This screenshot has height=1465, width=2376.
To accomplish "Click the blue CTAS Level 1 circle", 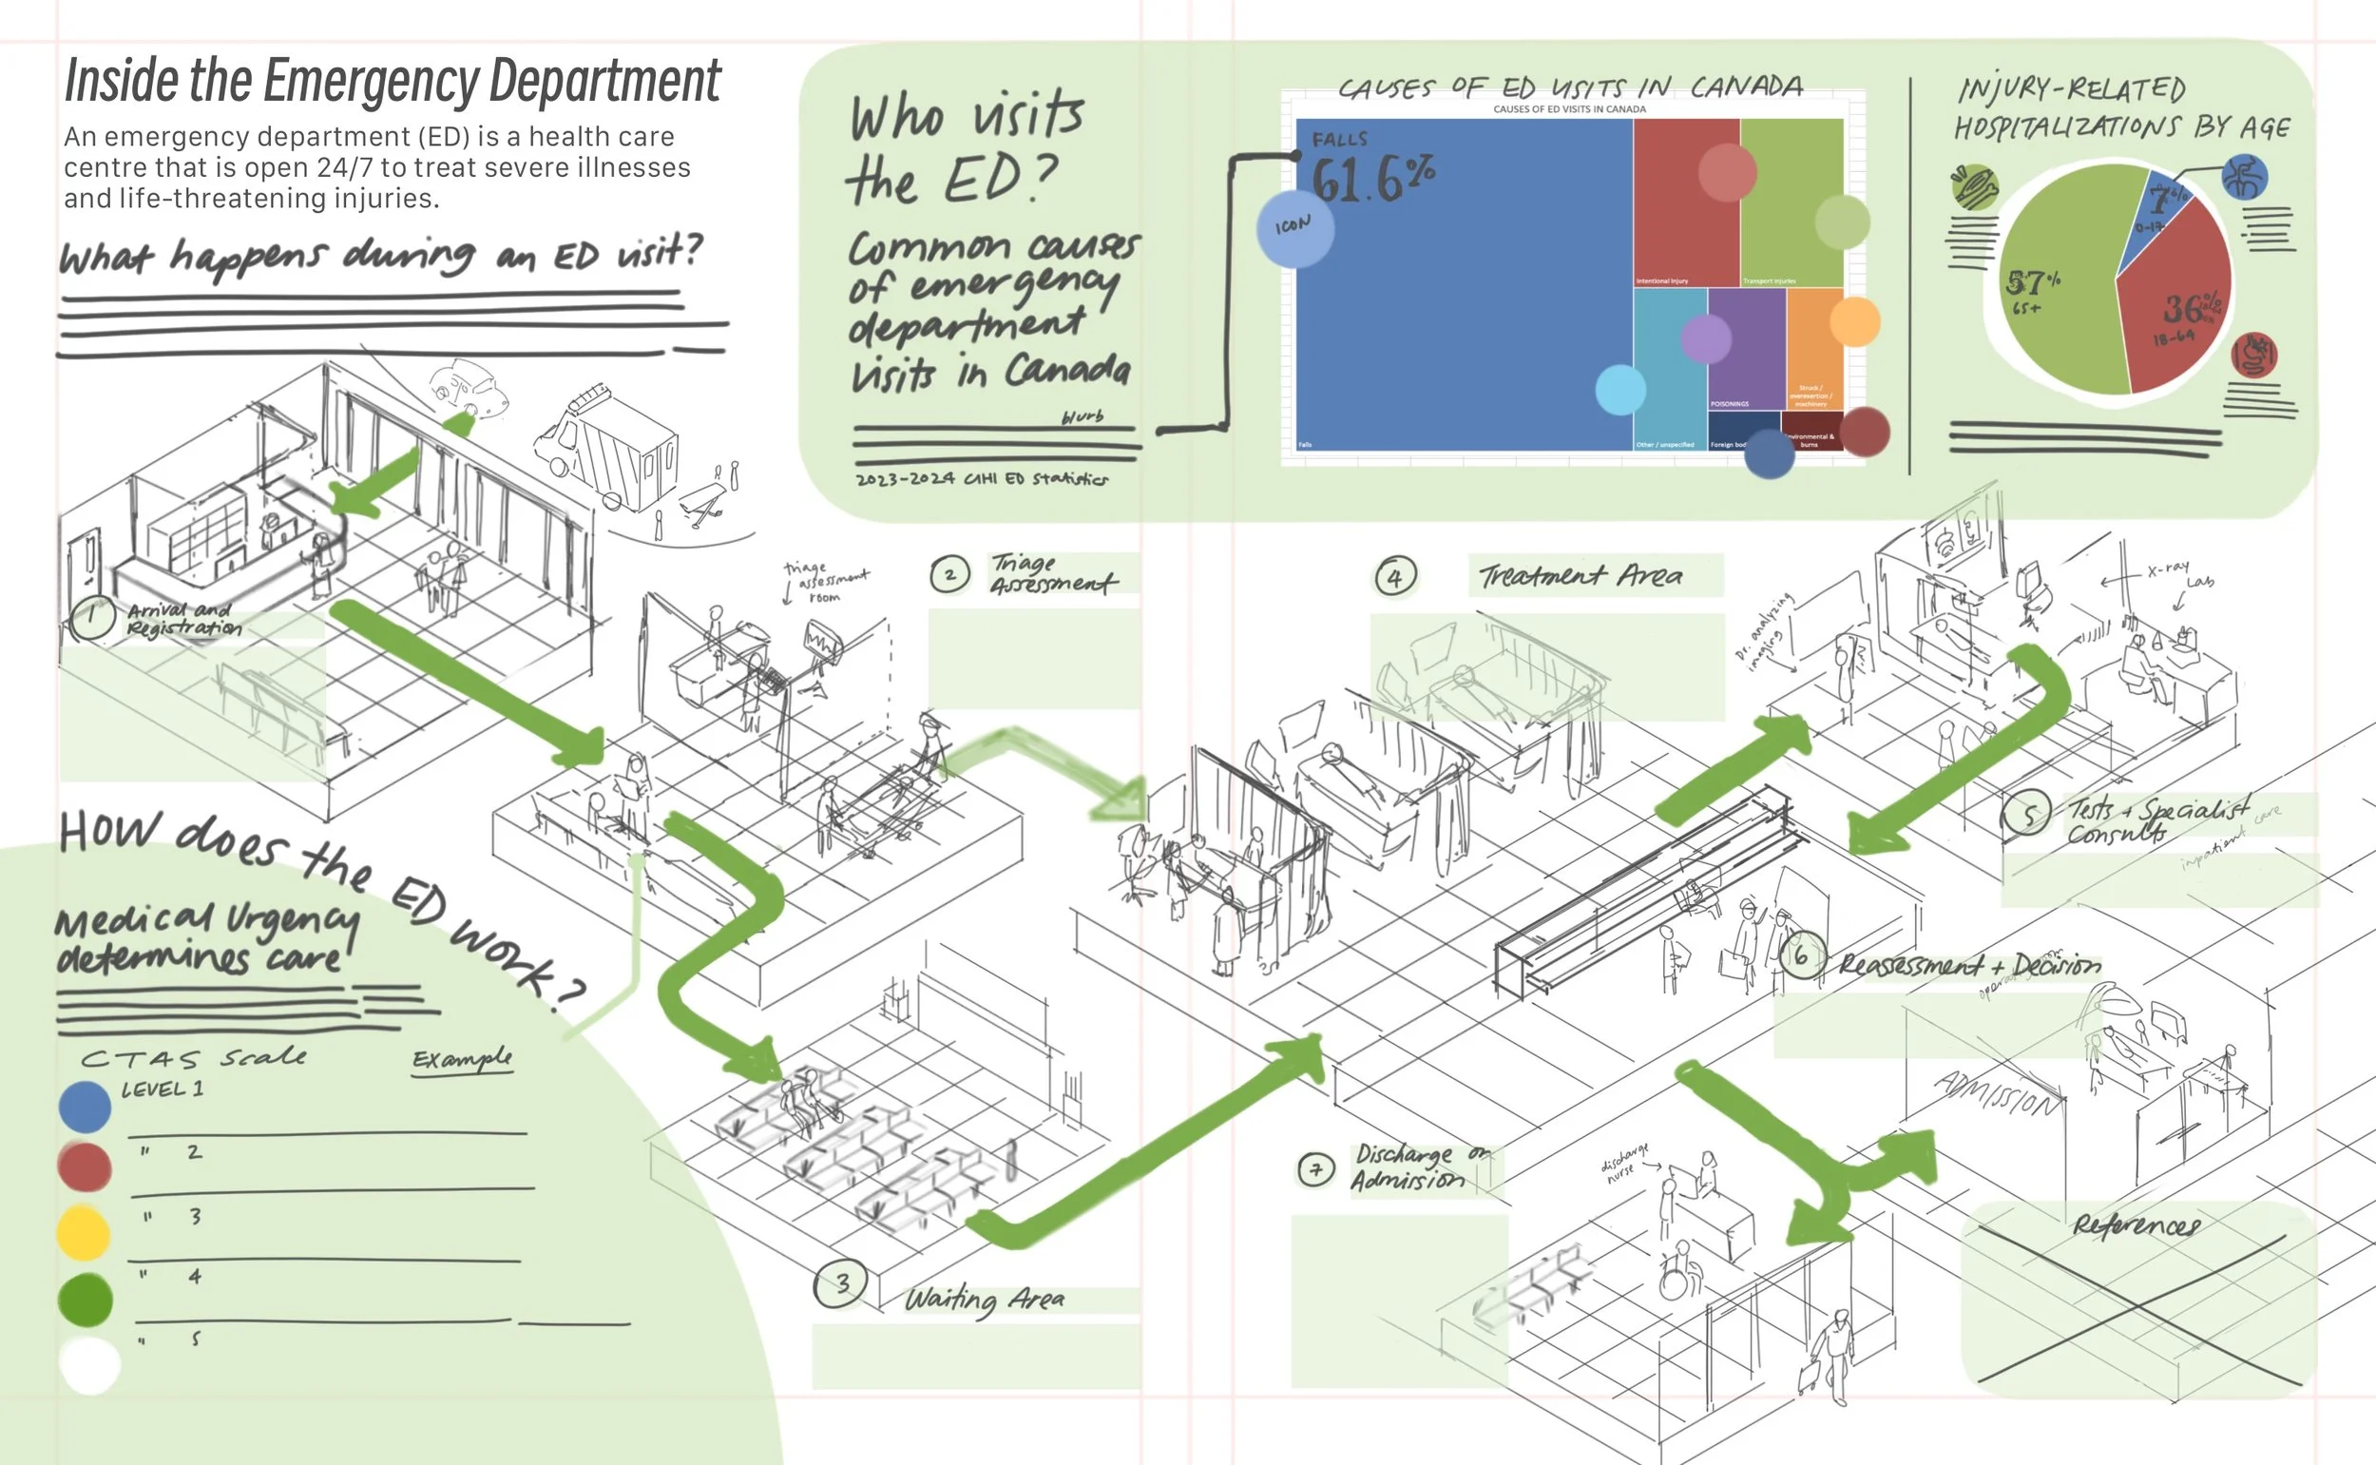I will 86,1107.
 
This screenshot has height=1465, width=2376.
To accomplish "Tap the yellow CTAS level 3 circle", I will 84,1232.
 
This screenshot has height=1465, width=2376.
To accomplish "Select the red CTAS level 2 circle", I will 86,1166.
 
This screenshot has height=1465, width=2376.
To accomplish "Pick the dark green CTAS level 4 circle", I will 86,1300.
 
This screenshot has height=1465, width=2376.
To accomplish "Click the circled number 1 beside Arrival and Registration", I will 92,617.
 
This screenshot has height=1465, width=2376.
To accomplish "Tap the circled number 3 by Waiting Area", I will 841,1284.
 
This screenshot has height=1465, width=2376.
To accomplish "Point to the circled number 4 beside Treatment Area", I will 1395,577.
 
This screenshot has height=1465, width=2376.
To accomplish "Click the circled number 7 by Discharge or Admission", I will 1315,1170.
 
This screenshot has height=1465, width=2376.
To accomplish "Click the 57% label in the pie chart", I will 2032,284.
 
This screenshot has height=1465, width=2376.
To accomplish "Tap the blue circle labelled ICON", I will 1295,229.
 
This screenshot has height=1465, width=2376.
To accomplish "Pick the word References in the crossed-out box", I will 2136,1225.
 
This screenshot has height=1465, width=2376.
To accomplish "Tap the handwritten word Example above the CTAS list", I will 462,1059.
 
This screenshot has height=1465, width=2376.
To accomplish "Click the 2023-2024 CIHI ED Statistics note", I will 981,478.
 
